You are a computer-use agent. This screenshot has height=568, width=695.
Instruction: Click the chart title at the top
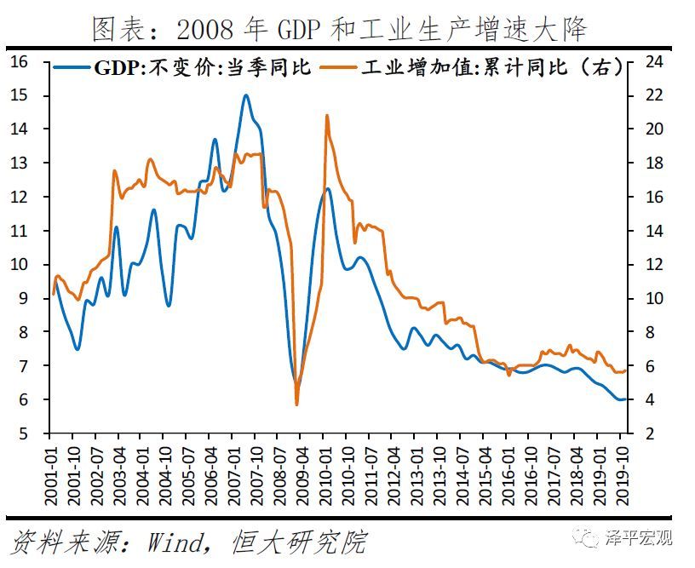(339, 28)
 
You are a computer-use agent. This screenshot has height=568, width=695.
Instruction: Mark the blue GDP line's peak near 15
(245, 95)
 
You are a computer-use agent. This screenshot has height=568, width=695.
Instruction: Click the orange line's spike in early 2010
(326, 116)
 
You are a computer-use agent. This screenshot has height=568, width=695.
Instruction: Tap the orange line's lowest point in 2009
(296, 404)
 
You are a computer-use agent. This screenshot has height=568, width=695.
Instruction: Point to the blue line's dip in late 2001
(78, 348)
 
